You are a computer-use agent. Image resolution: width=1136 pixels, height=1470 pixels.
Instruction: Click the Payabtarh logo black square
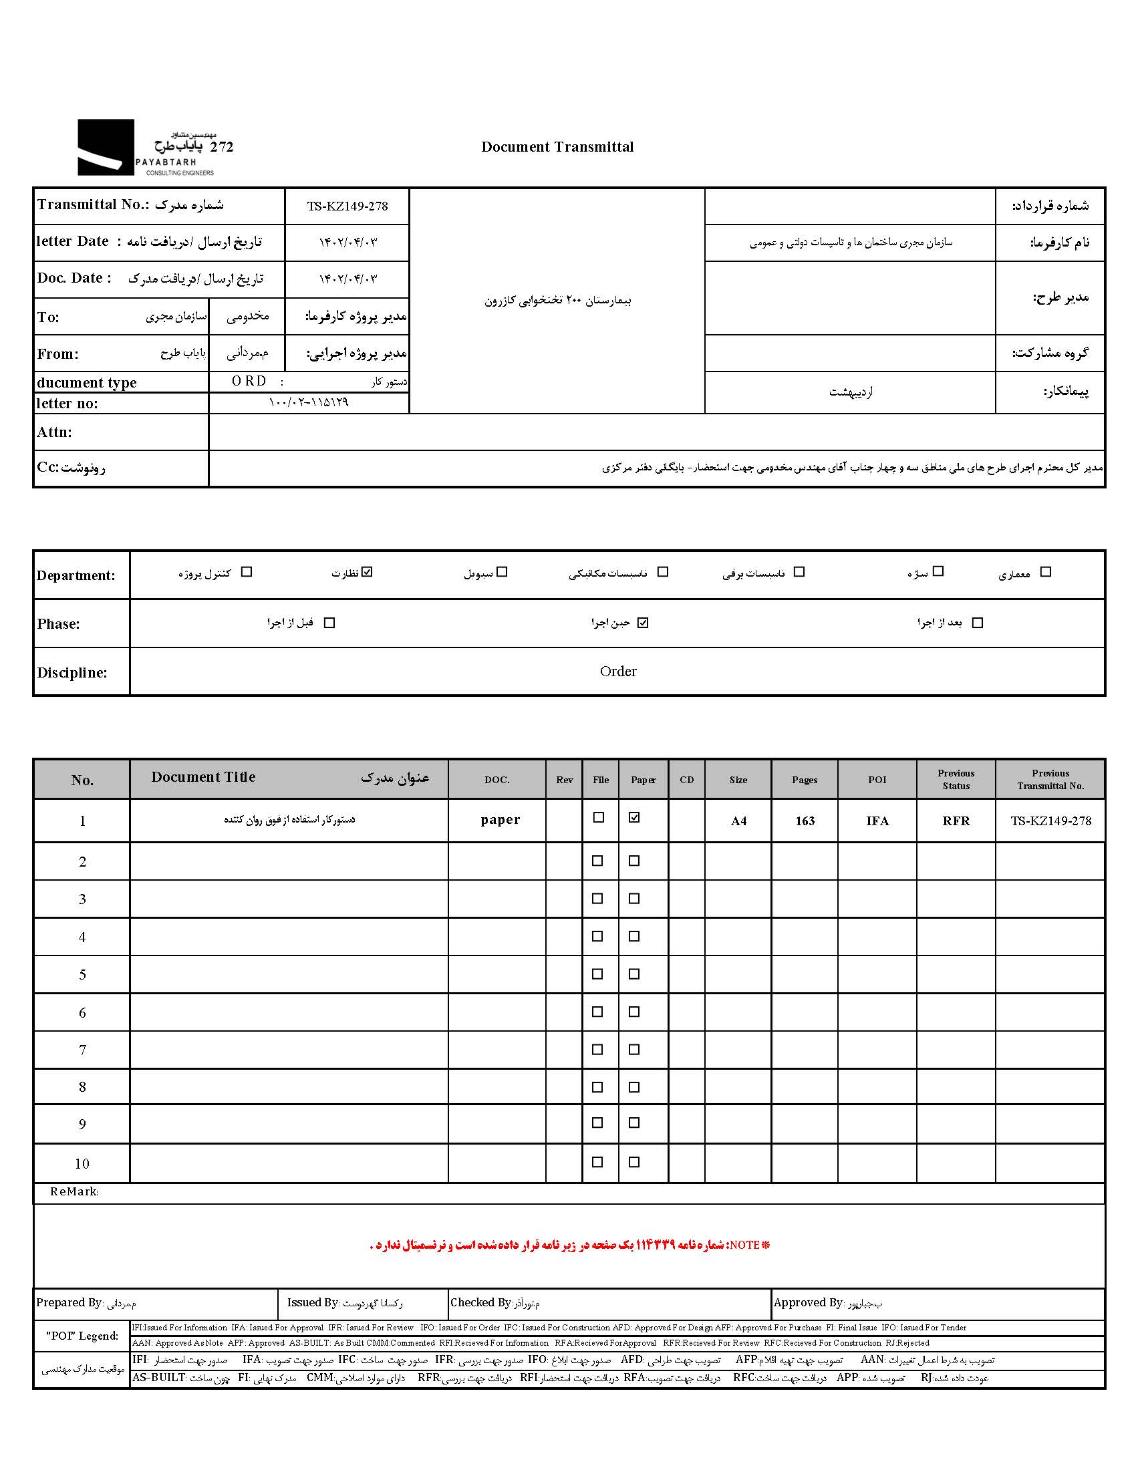coord(106,148)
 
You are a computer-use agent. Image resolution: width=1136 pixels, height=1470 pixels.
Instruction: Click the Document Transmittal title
coord(557,147)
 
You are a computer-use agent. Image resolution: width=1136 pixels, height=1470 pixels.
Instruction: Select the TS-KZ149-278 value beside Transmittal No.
coord(347,206)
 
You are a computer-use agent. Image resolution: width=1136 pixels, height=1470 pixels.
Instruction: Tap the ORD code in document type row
coord(249,381)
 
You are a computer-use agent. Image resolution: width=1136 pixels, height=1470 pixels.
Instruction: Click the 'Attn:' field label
coord(54,432)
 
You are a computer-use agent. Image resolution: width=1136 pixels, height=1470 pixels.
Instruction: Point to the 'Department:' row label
coord(76,575)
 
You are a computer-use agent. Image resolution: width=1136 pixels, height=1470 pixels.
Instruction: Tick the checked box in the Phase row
coord(643,623)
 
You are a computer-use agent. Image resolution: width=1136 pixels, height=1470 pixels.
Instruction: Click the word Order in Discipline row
coord(618,671)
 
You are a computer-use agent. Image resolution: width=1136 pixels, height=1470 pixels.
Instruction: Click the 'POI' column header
coord(877,779)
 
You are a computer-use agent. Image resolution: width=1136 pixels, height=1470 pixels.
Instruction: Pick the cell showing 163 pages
coord(805,821)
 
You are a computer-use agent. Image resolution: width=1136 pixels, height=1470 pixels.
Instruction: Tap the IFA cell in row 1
coord(877,821)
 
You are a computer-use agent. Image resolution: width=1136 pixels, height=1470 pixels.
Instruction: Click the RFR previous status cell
coord(956,821)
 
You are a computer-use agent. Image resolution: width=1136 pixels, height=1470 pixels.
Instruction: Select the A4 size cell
coord(738,821)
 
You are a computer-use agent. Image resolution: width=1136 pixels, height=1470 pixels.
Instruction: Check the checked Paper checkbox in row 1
coord(634,817)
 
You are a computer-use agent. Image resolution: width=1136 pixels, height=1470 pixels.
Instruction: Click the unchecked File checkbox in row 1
coord(598,817)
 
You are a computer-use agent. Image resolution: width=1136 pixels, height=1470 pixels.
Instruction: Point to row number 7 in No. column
coord(82,1049)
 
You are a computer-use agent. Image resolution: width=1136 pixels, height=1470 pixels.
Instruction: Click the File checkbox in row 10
coord(597,1162)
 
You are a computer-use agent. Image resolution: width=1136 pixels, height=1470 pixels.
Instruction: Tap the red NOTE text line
coord(569,1245)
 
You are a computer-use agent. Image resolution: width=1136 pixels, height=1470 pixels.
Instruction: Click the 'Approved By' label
coord(808,1302)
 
